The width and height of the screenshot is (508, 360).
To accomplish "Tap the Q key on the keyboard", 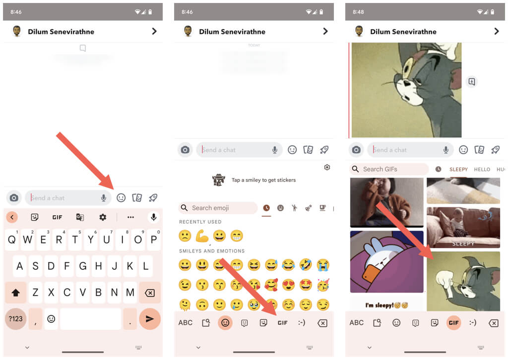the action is click(x=12, y=240).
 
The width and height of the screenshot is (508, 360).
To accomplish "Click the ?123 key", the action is click(x=15, y=319).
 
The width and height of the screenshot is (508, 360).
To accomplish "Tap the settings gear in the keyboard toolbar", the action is click(x=103, y=217).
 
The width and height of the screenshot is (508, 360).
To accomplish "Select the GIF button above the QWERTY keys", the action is click(x=58, y=217).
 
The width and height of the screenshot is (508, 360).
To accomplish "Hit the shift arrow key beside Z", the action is click(x=15, y=293).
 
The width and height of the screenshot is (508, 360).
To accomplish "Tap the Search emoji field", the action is click(x=218, y=208).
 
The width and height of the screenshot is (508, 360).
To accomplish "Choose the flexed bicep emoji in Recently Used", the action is click(x=202, y=236).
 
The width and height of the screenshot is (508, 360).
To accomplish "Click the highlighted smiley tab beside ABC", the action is click(x=225, y=323).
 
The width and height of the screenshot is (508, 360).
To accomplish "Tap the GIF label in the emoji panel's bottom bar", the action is click(x=282, y=323).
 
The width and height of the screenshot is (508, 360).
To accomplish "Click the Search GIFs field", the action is click(x=389, y=169).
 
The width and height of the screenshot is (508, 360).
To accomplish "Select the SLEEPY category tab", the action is click(x=458, y=169).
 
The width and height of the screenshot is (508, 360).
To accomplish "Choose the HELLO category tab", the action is click(x=482, y=169).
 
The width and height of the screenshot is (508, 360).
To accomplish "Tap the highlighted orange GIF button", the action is click(x=453, y=323).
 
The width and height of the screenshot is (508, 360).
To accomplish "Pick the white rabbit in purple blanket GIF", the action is click(x=387, y=262).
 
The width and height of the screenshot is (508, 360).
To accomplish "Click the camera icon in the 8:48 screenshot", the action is click(x=356, y=150).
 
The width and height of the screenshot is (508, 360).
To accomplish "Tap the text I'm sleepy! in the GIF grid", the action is click(x=379, y=305).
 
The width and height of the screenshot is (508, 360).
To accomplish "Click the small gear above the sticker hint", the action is click(x=327, y=167).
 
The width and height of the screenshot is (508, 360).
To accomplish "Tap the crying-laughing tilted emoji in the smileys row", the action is click(x=306, y=265).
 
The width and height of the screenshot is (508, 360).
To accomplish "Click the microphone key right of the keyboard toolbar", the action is click(x=154, y=217).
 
